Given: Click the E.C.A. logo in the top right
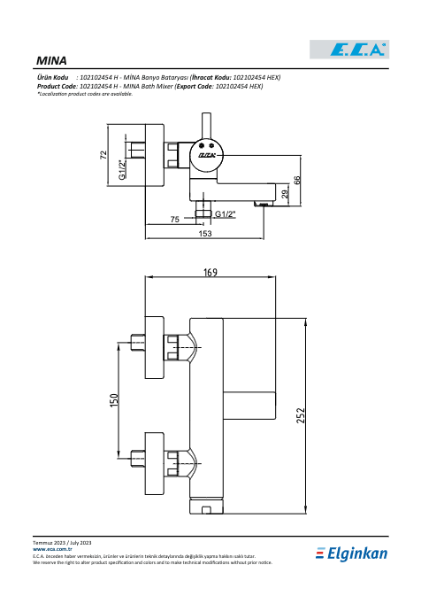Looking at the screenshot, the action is (x=349, y=50).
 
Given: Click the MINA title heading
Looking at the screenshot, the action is (x=51, y=61).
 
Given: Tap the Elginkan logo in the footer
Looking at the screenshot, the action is (x=351, y=553).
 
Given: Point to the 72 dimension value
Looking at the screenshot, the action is (x=103, y=155).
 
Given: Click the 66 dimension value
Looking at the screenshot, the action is (x=297, y=180).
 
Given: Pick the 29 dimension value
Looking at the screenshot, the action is (x=285, y=194).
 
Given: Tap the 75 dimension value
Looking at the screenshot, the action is (x=174, y=220).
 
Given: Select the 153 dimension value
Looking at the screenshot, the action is (x=205, y=234).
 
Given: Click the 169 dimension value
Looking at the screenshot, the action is (x=210, y=272).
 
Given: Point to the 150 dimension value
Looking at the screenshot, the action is (x=114, y=400).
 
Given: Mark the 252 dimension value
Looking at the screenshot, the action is (x=301, y=415).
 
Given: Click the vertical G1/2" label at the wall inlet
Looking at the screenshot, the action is (x=121, y=169).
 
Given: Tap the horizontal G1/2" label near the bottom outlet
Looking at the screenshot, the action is (x=226, y=214).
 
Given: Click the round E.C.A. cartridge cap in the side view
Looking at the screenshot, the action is (x=207, y=155).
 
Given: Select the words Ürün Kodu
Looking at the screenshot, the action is (x=53, y=78).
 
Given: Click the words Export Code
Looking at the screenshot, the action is (x=195, y=86).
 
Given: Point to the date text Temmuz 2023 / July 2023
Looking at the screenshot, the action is (x=62, y=543).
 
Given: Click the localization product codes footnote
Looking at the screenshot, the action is (x=85, y=94).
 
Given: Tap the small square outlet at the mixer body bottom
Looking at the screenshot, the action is (x=207, y=510).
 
